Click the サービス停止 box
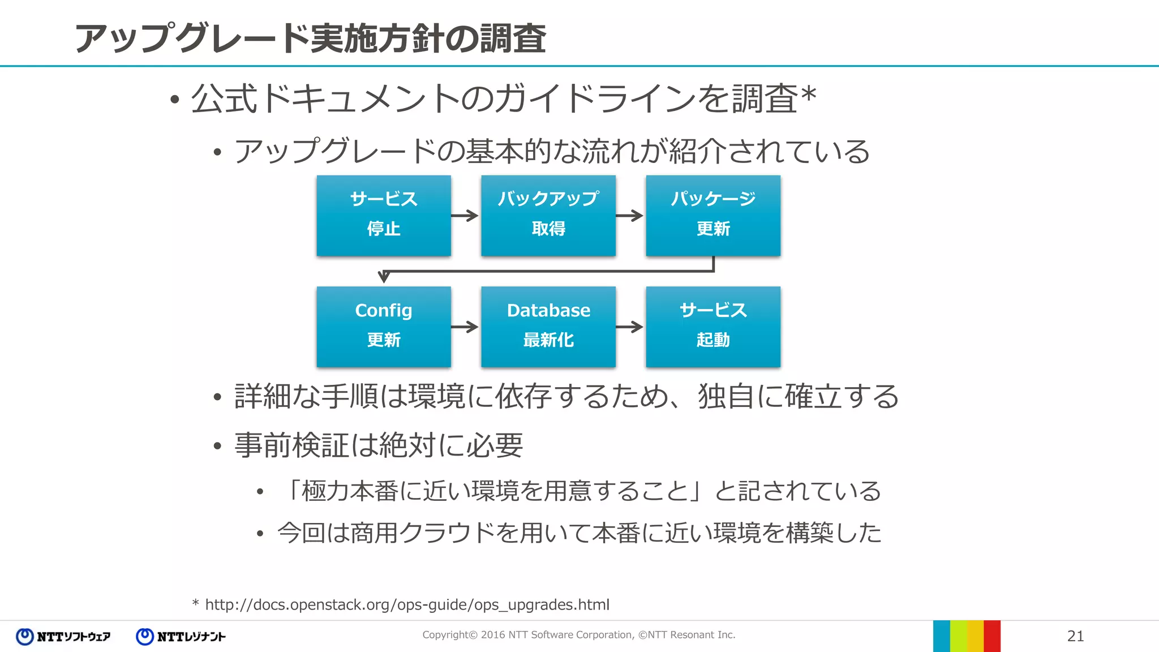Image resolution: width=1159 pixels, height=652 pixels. click(384, 215)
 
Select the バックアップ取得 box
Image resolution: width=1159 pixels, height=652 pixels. click(548, 215)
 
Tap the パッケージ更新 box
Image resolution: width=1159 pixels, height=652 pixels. click(712, 215)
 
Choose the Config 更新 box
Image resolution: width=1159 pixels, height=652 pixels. click(384, 327)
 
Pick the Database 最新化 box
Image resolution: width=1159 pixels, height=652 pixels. click(548, 327)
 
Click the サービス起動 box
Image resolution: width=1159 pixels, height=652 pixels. click(712, 327)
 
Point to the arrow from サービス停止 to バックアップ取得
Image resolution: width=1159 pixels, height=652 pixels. click(465, 215)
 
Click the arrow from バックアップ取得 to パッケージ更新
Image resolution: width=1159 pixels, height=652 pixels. click(630, 215)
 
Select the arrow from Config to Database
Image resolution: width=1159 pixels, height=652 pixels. click(465, 327)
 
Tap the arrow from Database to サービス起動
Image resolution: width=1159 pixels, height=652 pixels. click(630, 327)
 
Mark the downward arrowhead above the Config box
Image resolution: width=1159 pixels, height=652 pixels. click(384, 277)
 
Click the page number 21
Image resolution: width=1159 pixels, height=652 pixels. click(1075, 636)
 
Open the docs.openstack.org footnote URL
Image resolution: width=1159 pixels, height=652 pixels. click(407, 604)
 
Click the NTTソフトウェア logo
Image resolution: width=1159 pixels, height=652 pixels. click(63, 637)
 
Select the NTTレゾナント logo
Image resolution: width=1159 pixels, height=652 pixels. click(181, 637)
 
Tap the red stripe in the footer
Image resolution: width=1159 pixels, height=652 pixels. click(992, 636)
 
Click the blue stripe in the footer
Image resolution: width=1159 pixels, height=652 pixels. click(941, 636)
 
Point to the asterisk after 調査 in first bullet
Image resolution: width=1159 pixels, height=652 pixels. click(808, 94)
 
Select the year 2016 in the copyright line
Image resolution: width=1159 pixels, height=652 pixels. click(493, 635)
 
